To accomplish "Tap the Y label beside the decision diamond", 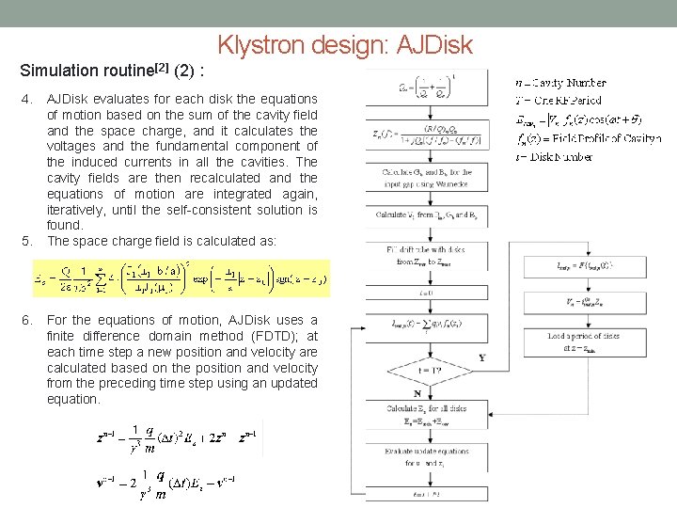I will coord(482,357).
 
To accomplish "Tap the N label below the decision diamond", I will coord(417,393).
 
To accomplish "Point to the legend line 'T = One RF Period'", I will coord(559,101).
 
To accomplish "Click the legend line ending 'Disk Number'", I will coord(555,156).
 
